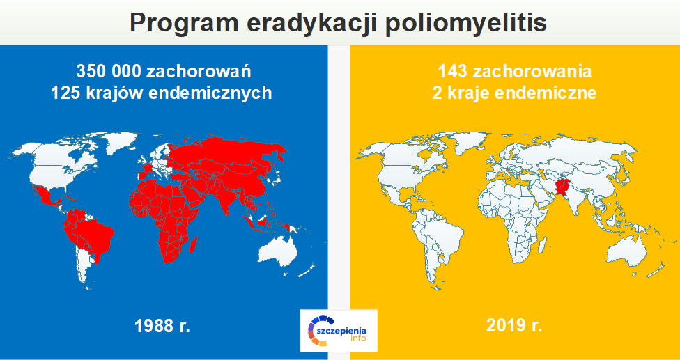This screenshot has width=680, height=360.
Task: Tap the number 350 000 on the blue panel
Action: (x=109, y=71)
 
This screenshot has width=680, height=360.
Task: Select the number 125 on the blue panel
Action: (x=64, y=93)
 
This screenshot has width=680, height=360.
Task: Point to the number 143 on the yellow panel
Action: (x=451, y=71)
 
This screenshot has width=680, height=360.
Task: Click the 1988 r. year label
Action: (x=162, y=325)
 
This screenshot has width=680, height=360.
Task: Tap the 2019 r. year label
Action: (x=514, y=325)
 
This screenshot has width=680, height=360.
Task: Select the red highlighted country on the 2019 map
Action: (x=562, y=189)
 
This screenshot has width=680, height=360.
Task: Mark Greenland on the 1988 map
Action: (x=121, y=141)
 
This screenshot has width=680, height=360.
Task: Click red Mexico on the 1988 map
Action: (x=45, y=198)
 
